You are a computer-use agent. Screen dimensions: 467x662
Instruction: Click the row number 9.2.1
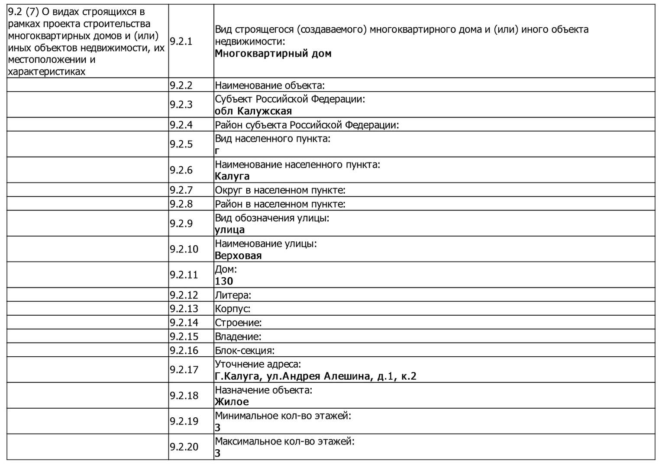pyautogui.click(x=181, y=42)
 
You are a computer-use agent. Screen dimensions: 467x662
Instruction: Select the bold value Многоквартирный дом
pyautogui.click(x=273, y=54)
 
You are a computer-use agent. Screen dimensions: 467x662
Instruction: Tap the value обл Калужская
pyautogui.click(x=253, y=111)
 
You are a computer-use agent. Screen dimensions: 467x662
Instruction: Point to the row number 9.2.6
pyautogui.click(x=181, y=170)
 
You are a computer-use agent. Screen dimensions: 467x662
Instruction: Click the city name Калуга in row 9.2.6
pyautogui.click(x=232, y=176)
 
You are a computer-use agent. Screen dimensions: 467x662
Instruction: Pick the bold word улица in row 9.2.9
pyautogui.click(x=229, y=230)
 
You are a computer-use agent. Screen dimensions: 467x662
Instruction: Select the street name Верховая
pyautogui.click(x=238, y=256)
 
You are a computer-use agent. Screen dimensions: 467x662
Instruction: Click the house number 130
pyautogui.click(x=224, y=281)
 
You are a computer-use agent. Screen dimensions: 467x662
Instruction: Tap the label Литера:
pyautogui.click(x=233, y=295)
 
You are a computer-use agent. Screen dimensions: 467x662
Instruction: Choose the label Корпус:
pyautogui.click(x=233, y=309)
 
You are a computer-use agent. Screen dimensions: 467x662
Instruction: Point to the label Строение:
pyautogui.click(x=238, y=323)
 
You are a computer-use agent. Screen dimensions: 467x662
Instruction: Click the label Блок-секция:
pyautogui.click(x=245, y=351)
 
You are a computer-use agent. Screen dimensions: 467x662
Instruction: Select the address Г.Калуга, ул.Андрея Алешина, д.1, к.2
pyautogui.click(x=315, y=376)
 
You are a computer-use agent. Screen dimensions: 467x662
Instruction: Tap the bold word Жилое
pyautogui.click(x=232, y=402)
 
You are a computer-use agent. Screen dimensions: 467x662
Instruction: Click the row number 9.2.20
pyautogui.click(x=184, y=447)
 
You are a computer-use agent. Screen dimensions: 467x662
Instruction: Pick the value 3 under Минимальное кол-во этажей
pyautogui.click(x=217, y=428)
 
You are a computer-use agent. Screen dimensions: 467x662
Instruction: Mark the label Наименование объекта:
pyautogui.click(x=270, y=86)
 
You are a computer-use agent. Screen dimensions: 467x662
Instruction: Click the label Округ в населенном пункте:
pyautogui.click(x=280, y=190)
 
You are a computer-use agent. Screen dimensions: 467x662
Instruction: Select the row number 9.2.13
pyautogui.click(x=184, y=309)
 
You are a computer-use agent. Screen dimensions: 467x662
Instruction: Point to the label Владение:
pyautogui.click(x=238, y=337)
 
